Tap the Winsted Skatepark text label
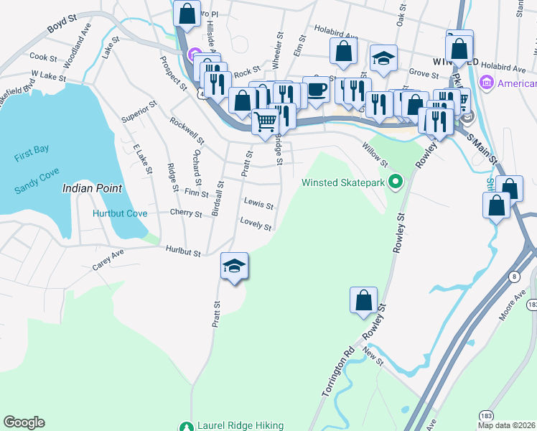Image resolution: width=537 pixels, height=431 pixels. click(x=343, y=182)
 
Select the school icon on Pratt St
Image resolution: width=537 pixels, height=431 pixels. click(x=234, y=266)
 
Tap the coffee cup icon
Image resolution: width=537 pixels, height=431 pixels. click(x=316, y=90)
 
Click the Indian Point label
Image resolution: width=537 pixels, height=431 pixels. click(x=92, y=188)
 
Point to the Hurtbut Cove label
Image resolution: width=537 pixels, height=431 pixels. click(x=120, y=213)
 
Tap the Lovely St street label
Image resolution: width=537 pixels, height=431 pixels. click(x=256, y=224)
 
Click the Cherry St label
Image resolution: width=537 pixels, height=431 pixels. click(x=187, y=213)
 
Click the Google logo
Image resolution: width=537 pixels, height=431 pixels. click(x=24, y=422)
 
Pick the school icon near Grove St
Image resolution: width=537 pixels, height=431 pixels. click(x=383, y=58)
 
